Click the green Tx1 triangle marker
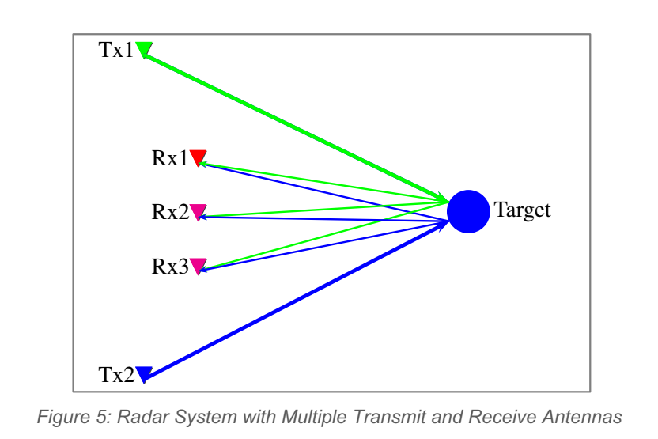point(144,49)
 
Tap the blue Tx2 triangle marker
point(143,373)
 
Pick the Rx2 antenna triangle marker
point(198,211)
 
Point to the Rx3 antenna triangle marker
point(198,266)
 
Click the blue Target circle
point(468,211)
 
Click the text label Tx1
point(115,50)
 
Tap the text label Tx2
point(115,374)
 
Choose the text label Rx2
point(169,212)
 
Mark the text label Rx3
point(169,267)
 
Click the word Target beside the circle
point(522,210)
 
